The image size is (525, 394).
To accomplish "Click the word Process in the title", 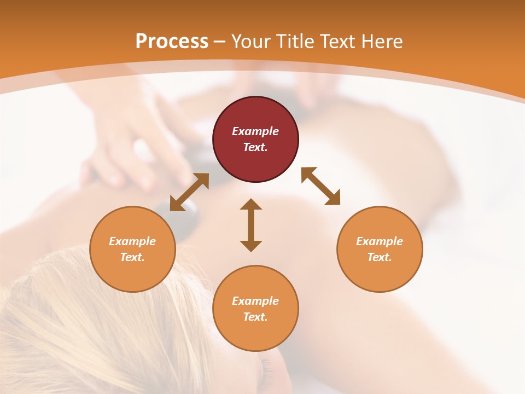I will [172, 42].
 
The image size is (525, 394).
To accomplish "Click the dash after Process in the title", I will [219, 42].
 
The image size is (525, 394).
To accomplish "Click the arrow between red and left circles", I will [189, 192].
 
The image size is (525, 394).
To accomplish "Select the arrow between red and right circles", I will [321, 186].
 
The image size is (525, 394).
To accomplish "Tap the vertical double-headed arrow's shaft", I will [251, 225].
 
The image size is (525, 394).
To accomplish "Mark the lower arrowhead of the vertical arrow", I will [251, 246].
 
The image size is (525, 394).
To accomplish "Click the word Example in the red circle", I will [255, 131].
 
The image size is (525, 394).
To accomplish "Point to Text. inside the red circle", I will [255, 147].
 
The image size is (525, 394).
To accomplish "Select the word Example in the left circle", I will [132, 241].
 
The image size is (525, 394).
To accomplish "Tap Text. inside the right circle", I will [380, 257].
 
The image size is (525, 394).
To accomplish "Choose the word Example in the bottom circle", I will [255, 301].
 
